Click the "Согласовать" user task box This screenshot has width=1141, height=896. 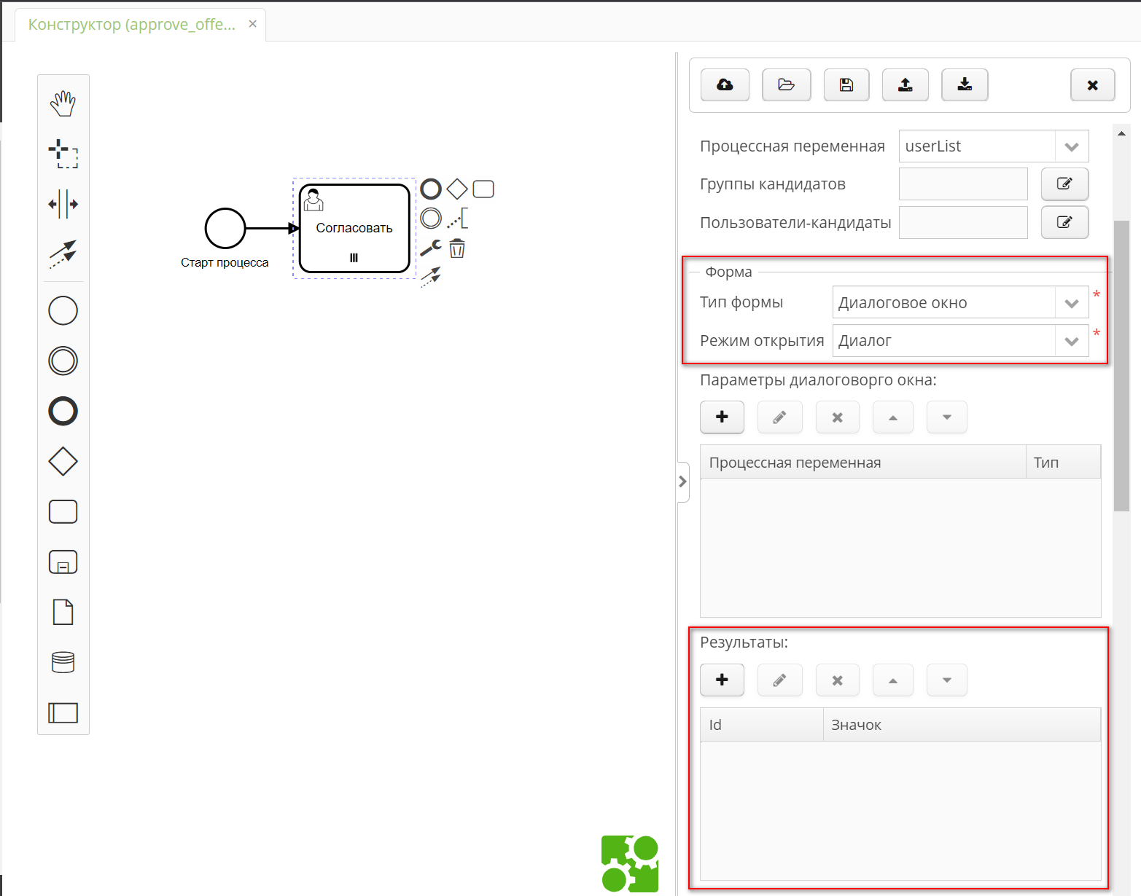click(x=354, y=229)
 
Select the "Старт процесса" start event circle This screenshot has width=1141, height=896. click(x=225, y=228)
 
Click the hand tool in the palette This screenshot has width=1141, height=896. click(x=63, y=103)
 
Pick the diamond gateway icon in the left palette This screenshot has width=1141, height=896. click(x=63, y=461)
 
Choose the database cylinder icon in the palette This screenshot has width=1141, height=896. click(x=63, y=662)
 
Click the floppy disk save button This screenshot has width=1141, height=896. click(x=846, y=85)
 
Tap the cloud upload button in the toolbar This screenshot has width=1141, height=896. click(x=725, y=85)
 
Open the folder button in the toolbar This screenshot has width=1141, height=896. click(x=786, y=85)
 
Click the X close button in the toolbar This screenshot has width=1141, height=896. click(x=1092, y=85)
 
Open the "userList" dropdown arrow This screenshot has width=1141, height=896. click(x=1071, y=146)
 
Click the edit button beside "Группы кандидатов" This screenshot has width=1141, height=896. click(x=1064, y=184)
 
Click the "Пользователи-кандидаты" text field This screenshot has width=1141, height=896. click(x=963, y=223)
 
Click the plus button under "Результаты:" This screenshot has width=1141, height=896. click(x=722, y=680)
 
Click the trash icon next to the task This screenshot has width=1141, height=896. click(x=457, y=249)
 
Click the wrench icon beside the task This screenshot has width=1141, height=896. click(x=431, y=248)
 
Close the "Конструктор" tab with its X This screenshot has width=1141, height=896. click(x=252, y=24)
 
